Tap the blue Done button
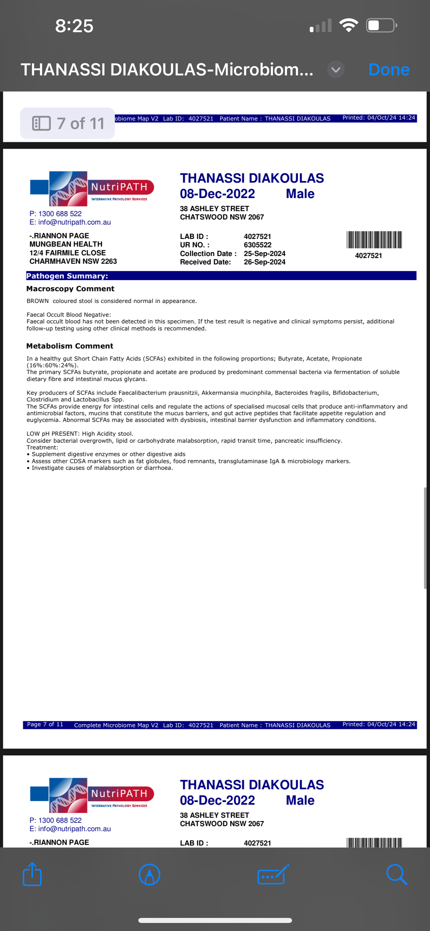click(388, 70)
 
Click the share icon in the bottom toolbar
click(32, 874)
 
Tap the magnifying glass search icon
click(396, 874)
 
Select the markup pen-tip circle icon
click(149, 874)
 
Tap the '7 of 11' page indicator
click(68, 123)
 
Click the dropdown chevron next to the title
click(336, 70)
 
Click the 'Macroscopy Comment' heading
click(70, 289)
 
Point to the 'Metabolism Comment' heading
click(70, 346)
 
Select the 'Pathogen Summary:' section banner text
click(67, 276)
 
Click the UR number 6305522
click(258, 245)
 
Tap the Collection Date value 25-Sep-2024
click(264, 253)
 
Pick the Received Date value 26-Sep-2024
click(264, 262)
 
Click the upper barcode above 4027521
click(374, 240)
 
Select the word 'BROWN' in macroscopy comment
click(37, 301)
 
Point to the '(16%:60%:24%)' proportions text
click(52, 365)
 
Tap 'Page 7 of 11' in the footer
click(45, 724)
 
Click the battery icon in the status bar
click(381, 25)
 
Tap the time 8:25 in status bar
click(74, 26)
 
